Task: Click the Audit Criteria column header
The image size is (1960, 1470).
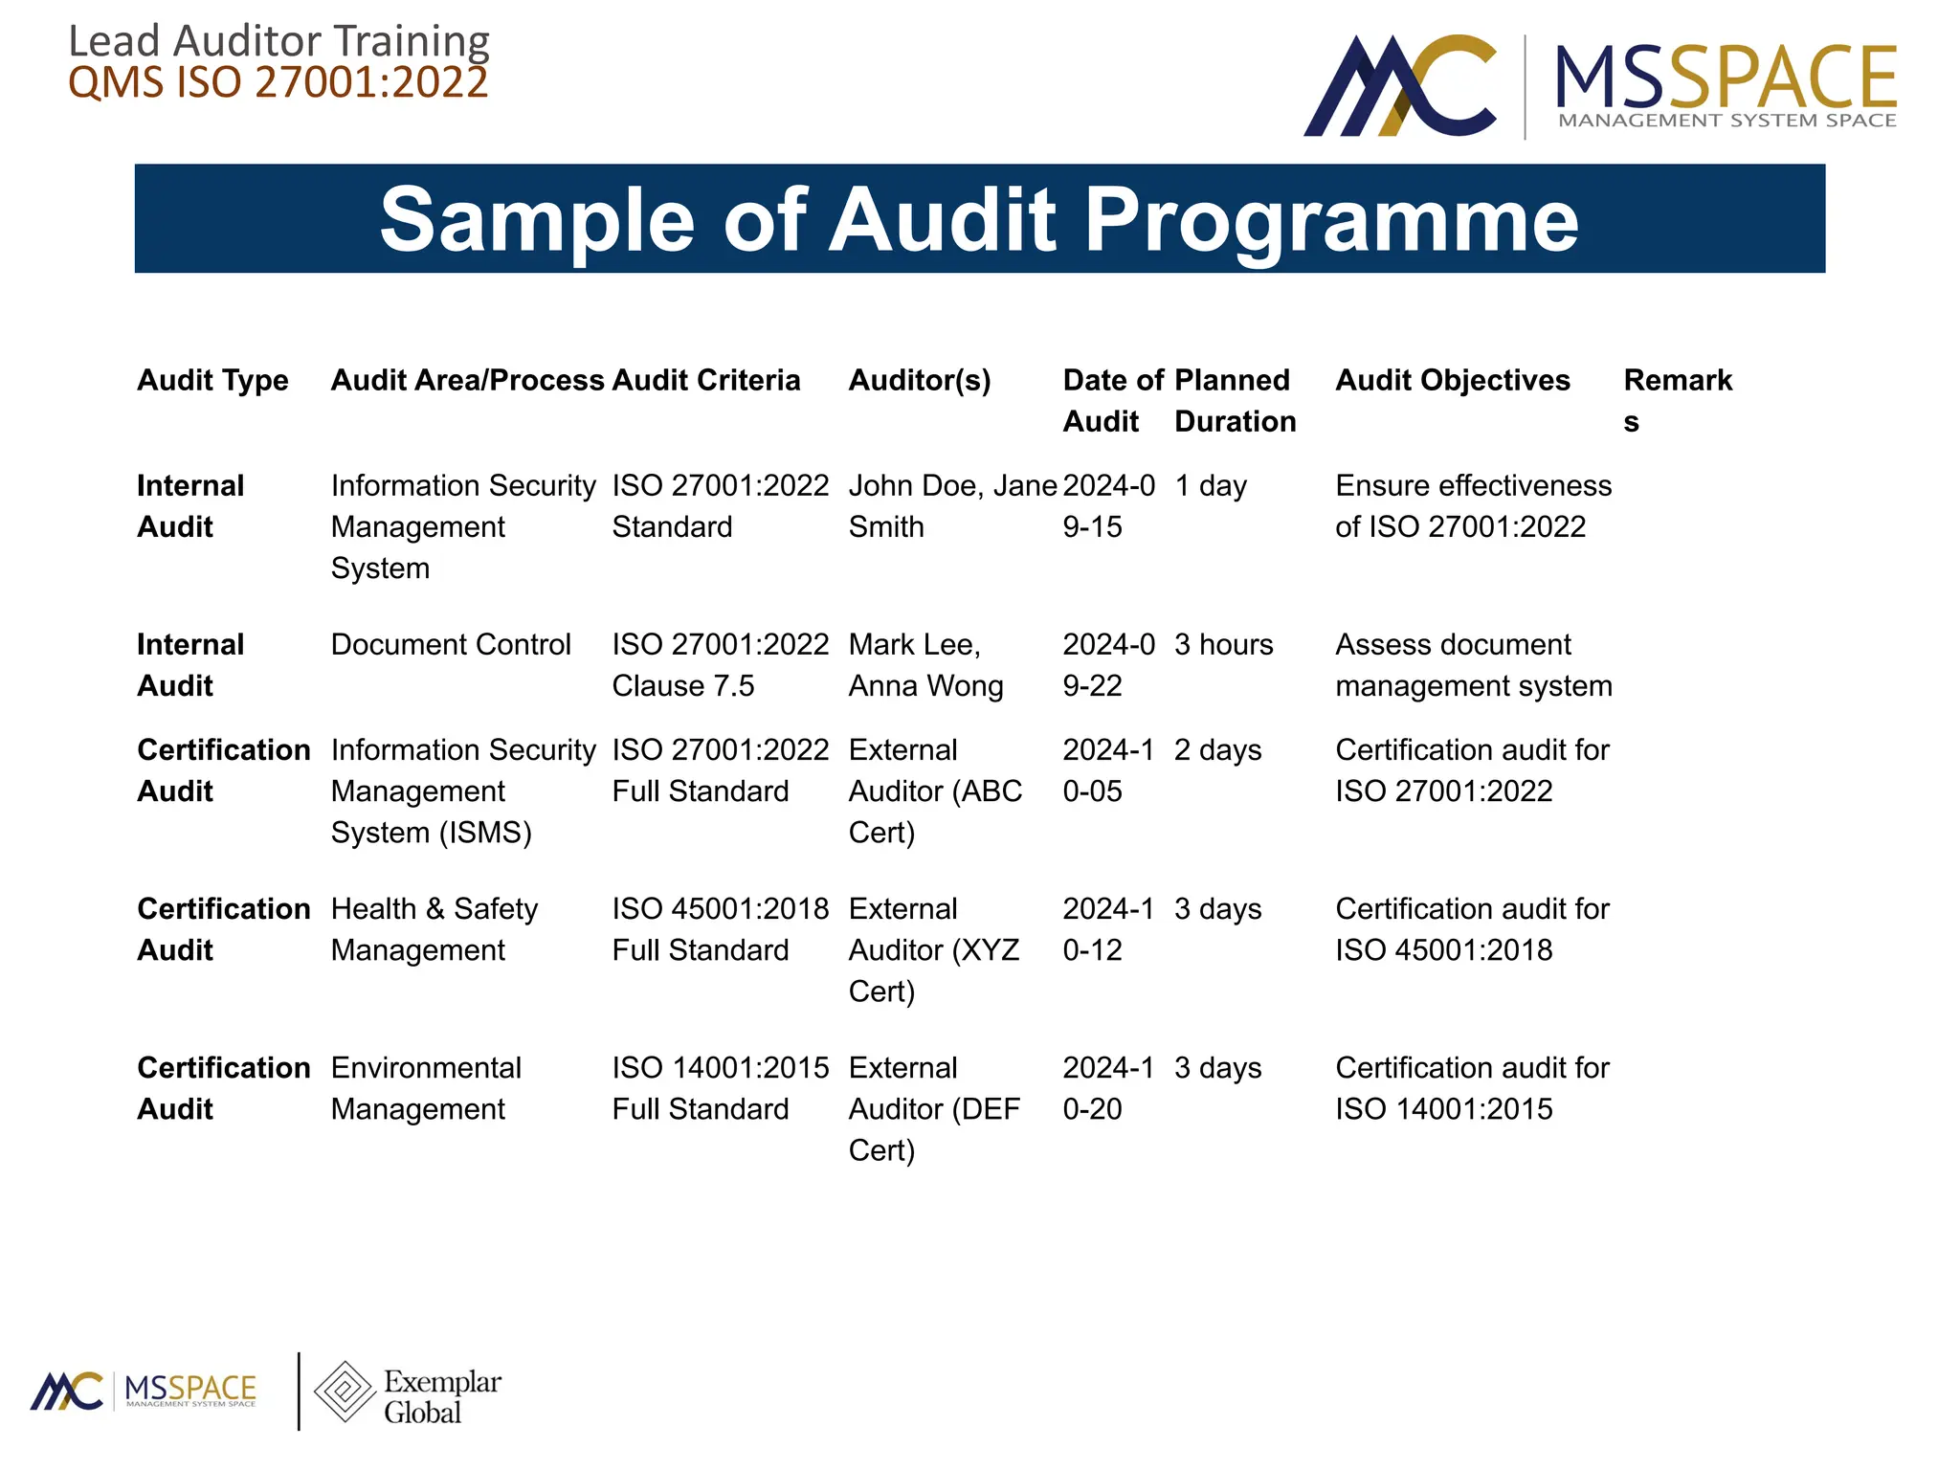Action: pos(705,380)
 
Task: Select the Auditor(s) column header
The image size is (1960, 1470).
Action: pos(919,380)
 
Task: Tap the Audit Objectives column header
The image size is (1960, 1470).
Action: pos(1452,380)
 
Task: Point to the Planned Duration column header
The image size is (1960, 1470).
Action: pos(1234,401)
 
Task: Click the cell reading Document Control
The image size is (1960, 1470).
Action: pos(450,644)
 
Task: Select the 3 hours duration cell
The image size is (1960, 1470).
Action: pos(1223,644)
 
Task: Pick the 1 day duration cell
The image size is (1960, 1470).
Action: pos(1210,485)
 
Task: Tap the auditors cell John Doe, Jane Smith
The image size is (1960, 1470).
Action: pos(951,505)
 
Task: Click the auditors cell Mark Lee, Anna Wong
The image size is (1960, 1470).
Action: pos(924,665)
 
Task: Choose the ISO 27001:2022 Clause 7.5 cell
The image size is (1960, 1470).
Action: pos(720,665)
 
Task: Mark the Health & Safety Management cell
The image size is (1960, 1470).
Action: pos(434,928)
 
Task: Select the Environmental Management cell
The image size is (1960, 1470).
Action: pos(425,1088)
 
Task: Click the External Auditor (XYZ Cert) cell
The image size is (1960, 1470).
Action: pos(933,949)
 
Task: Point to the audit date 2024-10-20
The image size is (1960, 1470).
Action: pos(1107,1088)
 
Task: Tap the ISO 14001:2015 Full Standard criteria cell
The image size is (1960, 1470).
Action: pos(720,1088)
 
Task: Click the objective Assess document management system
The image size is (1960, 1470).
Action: pos(1473,665)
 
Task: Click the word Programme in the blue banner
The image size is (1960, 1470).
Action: pos(1330,220)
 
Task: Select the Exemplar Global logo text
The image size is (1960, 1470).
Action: pos(441,1396)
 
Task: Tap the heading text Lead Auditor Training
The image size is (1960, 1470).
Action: pos(278,41)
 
